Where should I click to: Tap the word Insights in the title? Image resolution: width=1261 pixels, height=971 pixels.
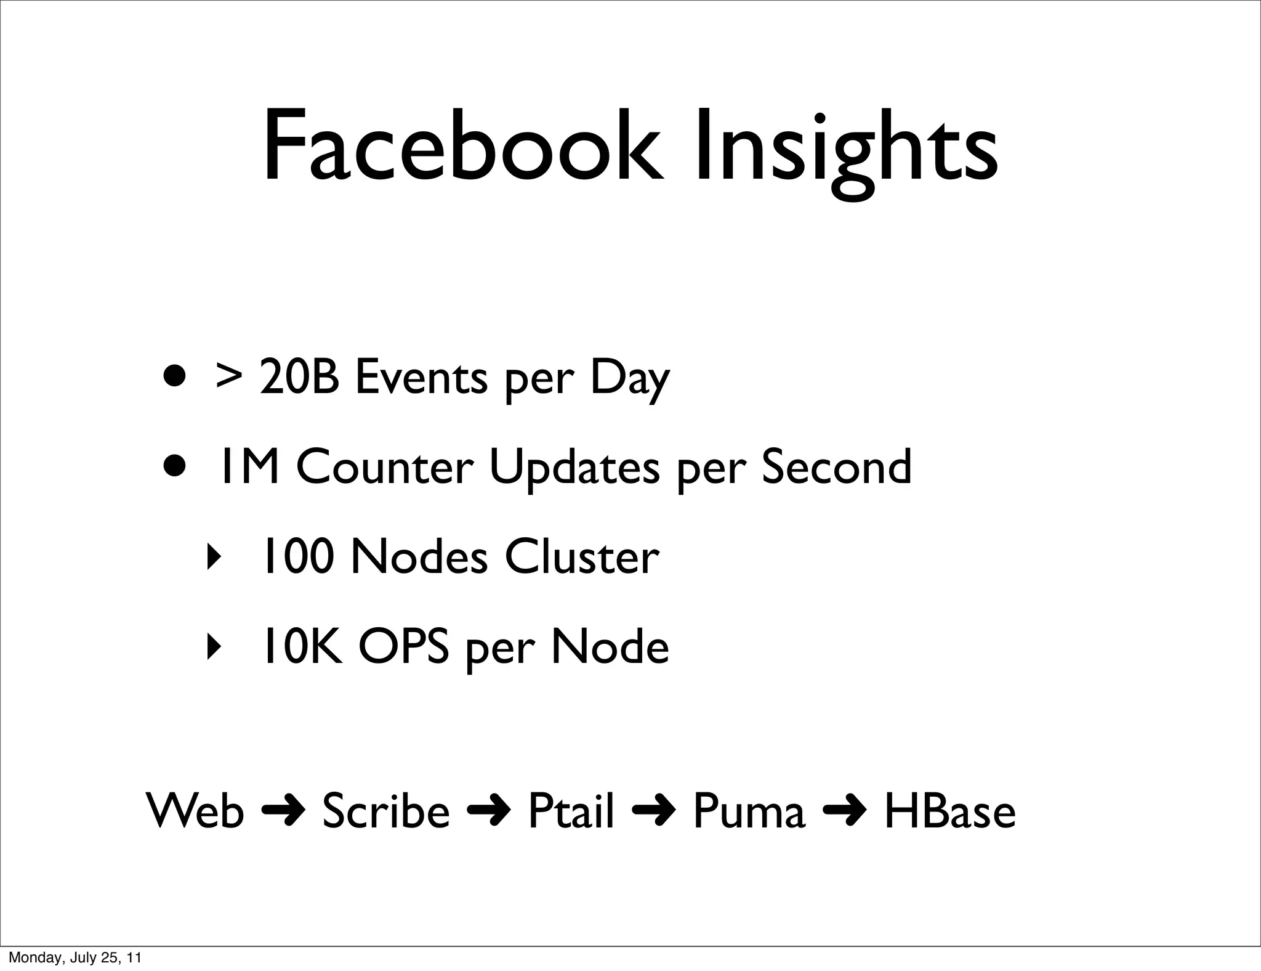tap(846, 148)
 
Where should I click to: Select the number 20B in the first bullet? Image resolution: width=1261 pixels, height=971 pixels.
tap(299, 376)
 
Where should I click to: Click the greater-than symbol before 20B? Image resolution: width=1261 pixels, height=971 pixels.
tap(228, 376)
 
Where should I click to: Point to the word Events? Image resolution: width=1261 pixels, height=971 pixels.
tap(421, 376)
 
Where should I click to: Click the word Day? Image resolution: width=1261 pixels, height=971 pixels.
tap(629, 376)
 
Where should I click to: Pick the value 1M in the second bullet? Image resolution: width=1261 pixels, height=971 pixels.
tap(249, 467)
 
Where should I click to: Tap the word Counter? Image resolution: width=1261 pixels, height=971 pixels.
tap(385, 467)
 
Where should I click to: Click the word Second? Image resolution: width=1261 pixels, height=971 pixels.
tap(836, 467)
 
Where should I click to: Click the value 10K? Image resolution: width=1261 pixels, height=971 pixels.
tap(302, 647)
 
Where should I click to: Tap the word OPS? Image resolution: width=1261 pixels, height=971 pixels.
tap(403, 647)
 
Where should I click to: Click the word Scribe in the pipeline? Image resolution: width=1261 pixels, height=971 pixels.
tap(386, 811)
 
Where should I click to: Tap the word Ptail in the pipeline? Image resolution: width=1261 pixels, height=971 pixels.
tap(571, 811)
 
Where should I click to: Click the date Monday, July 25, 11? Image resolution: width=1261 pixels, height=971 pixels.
tap(75, 957)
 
